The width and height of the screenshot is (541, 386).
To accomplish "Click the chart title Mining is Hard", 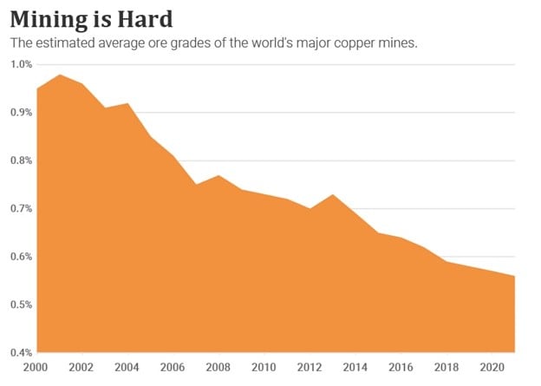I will [x=97, y=17].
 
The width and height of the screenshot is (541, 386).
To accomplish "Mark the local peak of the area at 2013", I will [x=333, y=195].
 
